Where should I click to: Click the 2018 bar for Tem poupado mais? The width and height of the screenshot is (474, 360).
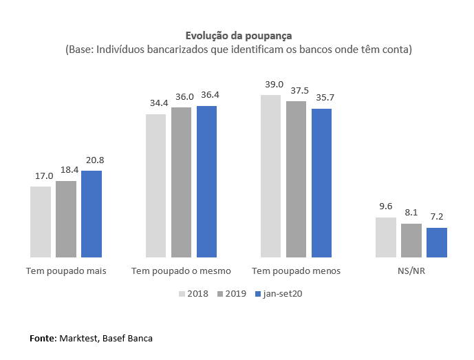point(41,221)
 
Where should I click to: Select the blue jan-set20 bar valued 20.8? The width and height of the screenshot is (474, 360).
point(91,213)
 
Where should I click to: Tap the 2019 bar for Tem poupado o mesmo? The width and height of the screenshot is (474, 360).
point(182,182)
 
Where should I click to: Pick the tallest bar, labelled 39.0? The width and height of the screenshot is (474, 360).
point(270,176)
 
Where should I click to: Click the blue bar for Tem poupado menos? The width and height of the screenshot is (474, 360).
point(321,182)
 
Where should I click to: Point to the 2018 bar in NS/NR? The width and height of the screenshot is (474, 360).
point(386,237)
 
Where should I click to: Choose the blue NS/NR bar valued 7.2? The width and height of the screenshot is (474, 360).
point(437,242)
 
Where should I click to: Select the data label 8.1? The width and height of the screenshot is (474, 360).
point(411,213)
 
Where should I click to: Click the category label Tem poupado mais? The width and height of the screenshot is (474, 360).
point(66,271)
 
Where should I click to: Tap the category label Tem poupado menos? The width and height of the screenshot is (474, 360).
point(297,271)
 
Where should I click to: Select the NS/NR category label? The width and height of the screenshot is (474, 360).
point(411,271)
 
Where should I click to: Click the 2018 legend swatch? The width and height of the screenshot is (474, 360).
point(182,294)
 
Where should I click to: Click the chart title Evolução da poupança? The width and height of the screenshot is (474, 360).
point(237,35)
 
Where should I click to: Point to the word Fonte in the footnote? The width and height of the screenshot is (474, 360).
point(43,339)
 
